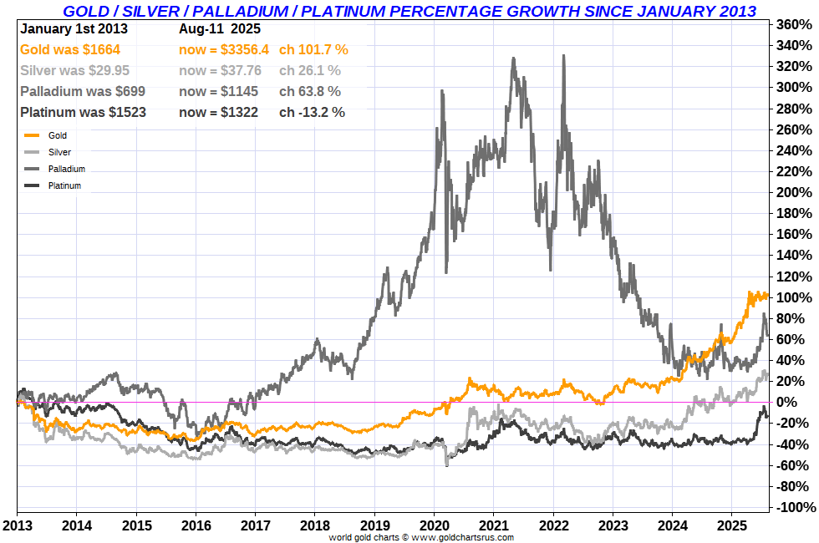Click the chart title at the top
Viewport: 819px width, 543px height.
409,11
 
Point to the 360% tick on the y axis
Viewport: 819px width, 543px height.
793,24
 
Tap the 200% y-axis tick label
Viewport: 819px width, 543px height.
793,192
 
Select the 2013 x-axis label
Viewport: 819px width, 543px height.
16,526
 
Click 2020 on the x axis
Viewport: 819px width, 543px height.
434,526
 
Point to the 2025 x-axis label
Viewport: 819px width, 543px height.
732,526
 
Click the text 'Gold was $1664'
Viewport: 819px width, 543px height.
64,49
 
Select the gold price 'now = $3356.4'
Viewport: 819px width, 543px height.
224,49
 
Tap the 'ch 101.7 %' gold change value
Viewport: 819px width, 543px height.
313,49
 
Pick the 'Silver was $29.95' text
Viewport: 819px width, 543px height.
70,70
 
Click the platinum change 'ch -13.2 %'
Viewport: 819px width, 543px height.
312,112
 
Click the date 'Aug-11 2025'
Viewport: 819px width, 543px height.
220,28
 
